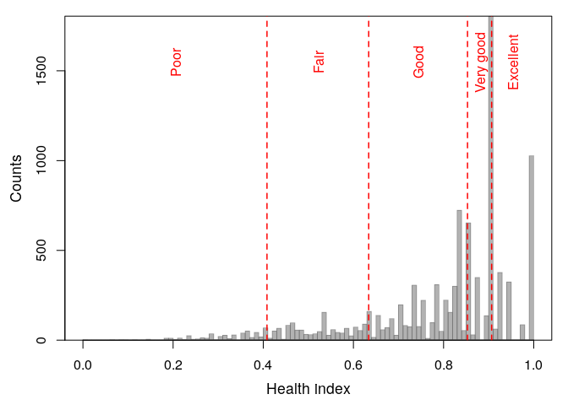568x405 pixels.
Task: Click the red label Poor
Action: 176,62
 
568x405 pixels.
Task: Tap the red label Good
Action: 418,62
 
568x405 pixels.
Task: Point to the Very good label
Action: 480,62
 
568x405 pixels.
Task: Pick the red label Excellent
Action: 513,62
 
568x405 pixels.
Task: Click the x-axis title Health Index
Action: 308,389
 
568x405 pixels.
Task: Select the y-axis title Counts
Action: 16,178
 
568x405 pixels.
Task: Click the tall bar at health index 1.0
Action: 532,253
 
